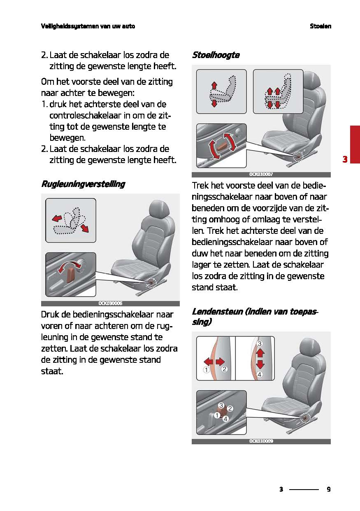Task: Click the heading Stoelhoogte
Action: coord(216,55)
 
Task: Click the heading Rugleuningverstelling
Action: coord(83,184)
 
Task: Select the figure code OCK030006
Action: coord(110,303)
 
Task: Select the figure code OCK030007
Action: coord(261,174)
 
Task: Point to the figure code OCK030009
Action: coord(261,441)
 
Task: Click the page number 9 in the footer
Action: coord(328,490)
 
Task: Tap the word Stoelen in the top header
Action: coord(321,26)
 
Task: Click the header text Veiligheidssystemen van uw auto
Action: coord(88,26)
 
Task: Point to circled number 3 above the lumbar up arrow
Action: coord(260,343)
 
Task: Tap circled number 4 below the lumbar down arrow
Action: coord(260,374)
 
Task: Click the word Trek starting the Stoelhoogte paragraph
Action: coord(200,186)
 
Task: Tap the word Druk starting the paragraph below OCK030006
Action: coord(50,315)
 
